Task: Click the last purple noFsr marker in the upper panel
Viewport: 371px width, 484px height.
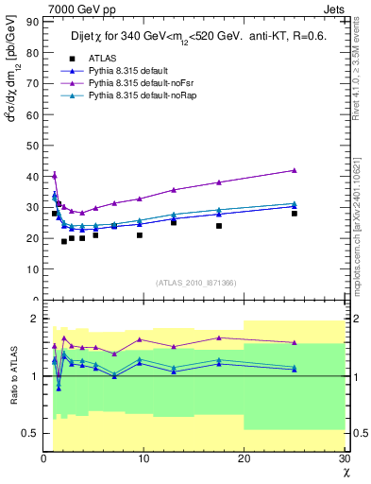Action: click(x=295, y=170)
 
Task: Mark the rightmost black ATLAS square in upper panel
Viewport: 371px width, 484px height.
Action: click(x=295, y=214)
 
